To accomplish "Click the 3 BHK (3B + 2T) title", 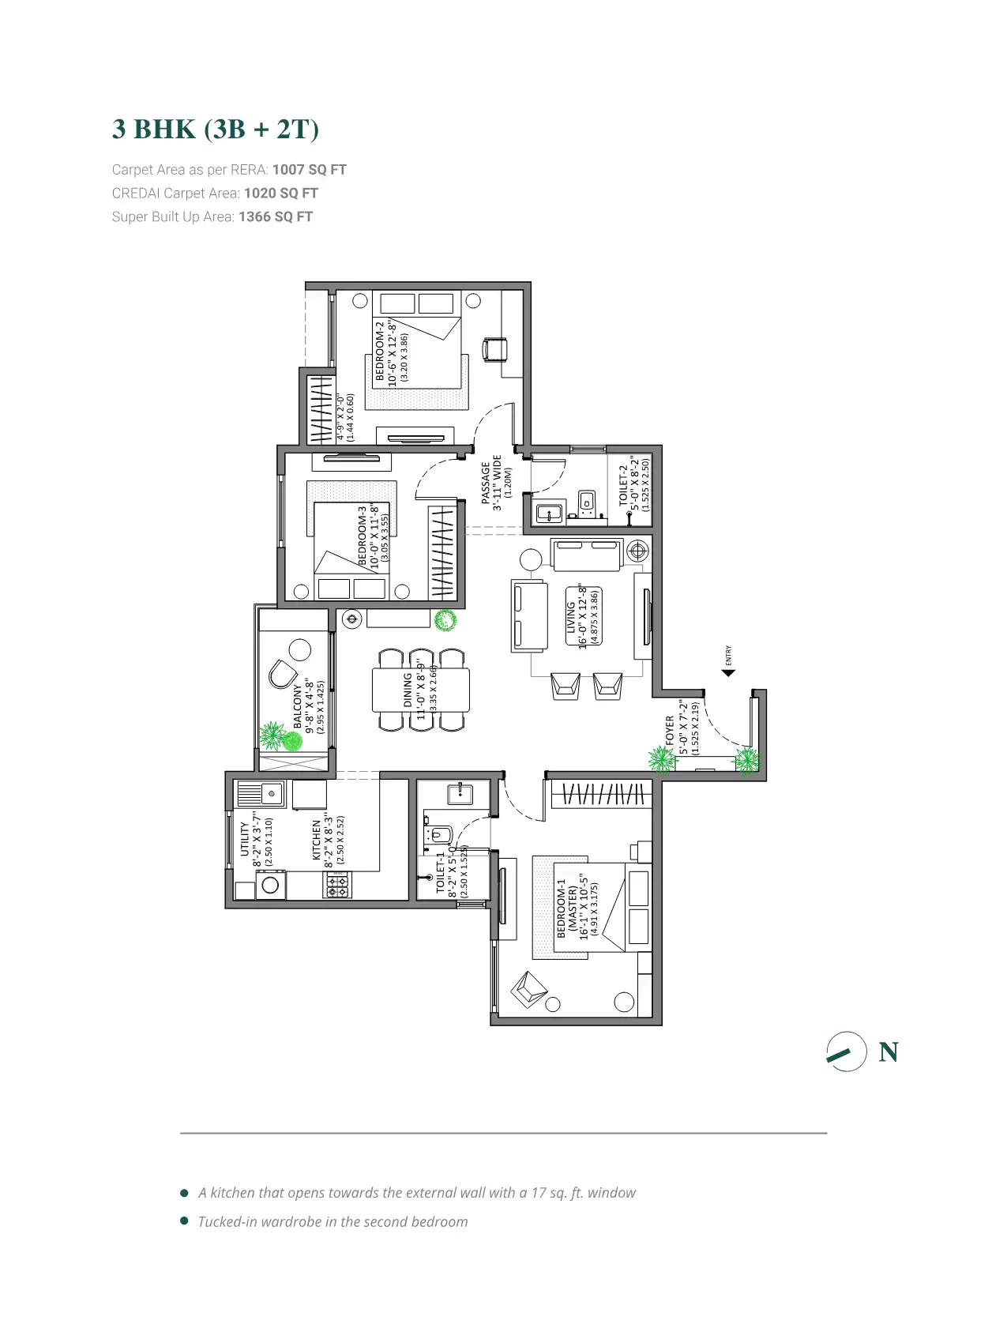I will (x=215, y=130).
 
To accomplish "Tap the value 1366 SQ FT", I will (x=275, y=216).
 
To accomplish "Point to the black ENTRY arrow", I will (x=728, y=673).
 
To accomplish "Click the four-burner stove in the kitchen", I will (x=336, y=886).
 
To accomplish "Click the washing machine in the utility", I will (x=270, y=885).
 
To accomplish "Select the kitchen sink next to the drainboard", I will (x=272, y=792).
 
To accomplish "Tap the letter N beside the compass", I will (x=888, y=1052).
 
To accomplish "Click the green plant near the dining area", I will (x=445, y=620).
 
